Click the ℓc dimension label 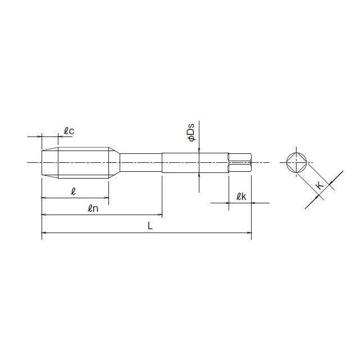69,131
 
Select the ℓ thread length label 74,191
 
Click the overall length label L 149,226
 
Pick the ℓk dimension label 241,196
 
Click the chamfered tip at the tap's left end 49,163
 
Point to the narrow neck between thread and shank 141,163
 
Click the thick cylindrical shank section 194,163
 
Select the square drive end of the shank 240,163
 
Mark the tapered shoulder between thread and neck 115,163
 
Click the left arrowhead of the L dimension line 44,232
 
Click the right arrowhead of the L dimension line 249,232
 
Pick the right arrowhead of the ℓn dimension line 160,215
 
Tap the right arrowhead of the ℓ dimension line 106,198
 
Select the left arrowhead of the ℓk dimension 231,203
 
